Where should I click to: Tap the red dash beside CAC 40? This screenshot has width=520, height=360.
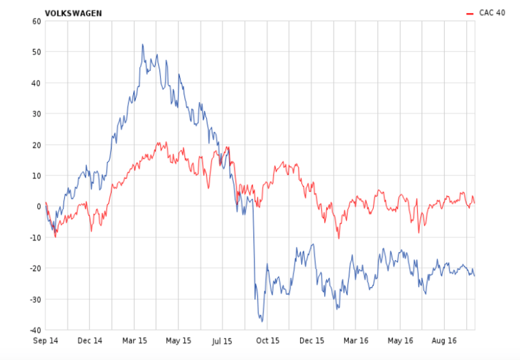[x=470, y=12]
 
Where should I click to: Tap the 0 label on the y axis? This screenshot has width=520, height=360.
[x=39, y=206]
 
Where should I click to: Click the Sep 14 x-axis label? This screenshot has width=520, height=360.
[x=46, y=341]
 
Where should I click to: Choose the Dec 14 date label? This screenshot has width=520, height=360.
[x=90, y=341]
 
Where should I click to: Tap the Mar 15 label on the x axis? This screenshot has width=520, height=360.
[x=134, y=341]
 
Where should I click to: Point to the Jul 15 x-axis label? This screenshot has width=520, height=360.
[x=223, y=341]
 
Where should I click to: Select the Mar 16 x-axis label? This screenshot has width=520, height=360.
[x=356, y=341]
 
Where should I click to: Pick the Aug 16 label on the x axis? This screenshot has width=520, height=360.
[x=444, y=341]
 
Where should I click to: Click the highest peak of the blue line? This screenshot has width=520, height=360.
[x=143, y=45]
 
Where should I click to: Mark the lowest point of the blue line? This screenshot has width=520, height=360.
[x=262, y=321]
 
